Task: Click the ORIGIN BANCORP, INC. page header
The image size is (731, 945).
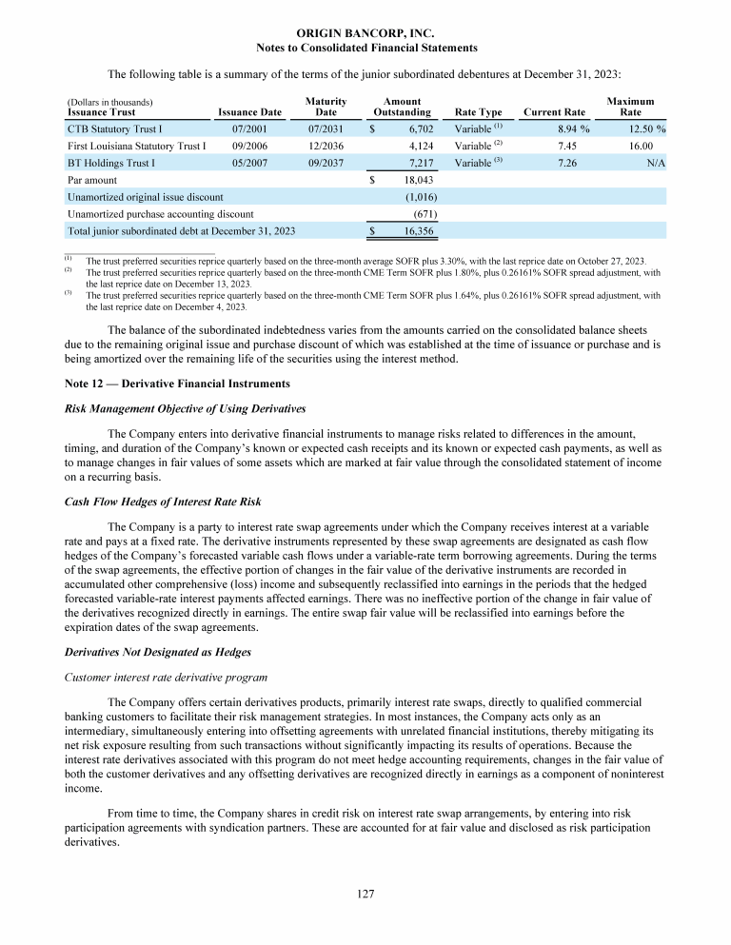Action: click(365, 33)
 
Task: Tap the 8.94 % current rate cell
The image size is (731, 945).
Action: click(570, 128)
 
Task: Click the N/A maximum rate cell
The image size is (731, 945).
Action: click(655, 163)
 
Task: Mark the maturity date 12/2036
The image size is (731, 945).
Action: click(326, 146)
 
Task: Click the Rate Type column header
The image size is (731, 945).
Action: click(479, 112)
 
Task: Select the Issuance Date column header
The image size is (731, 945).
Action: click(249, 112)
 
